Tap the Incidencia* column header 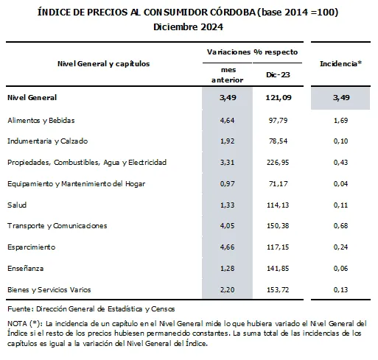(340, 63)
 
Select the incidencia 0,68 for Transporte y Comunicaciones (340, 225)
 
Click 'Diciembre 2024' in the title (189, 27)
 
